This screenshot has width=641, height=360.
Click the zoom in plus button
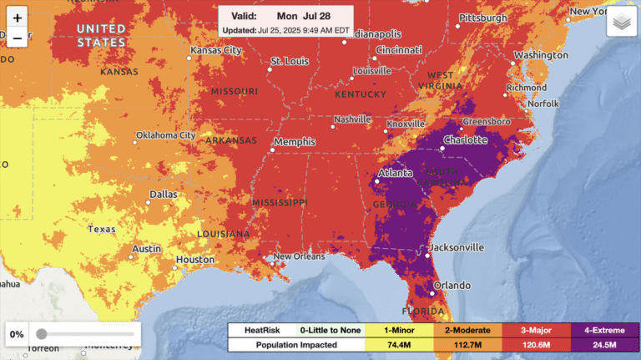click(18, 18)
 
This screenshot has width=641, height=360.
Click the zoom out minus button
click(18, 38)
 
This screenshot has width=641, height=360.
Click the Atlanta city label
click(395, 173)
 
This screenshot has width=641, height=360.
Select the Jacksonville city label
click(456, 247)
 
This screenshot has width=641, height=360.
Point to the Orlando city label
click(452, 285)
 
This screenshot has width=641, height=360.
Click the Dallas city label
click(164, 194)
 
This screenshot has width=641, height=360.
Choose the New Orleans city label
click(298, 256)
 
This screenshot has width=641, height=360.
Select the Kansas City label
click(216, 50)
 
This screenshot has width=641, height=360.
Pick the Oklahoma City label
click(165, 135)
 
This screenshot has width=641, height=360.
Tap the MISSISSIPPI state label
click(280, 202)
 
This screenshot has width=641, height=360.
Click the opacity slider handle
click(42, 334)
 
